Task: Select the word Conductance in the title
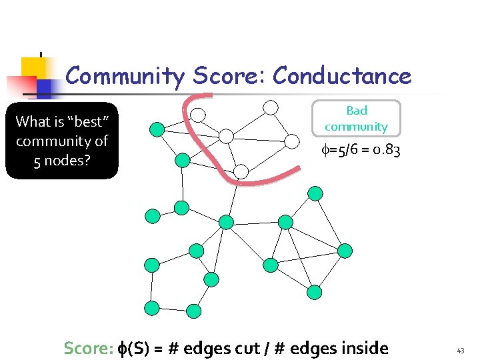(x=342, y=76)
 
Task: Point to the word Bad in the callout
(x=357, y=111)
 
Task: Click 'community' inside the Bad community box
(x=356, y=126)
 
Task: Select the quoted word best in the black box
(x=79, y=121)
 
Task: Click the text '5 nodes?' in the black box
(x=61, y=161)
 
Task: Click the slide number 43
(x=460, y=350)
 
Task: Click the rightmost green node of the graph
(x=345, y=250)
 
